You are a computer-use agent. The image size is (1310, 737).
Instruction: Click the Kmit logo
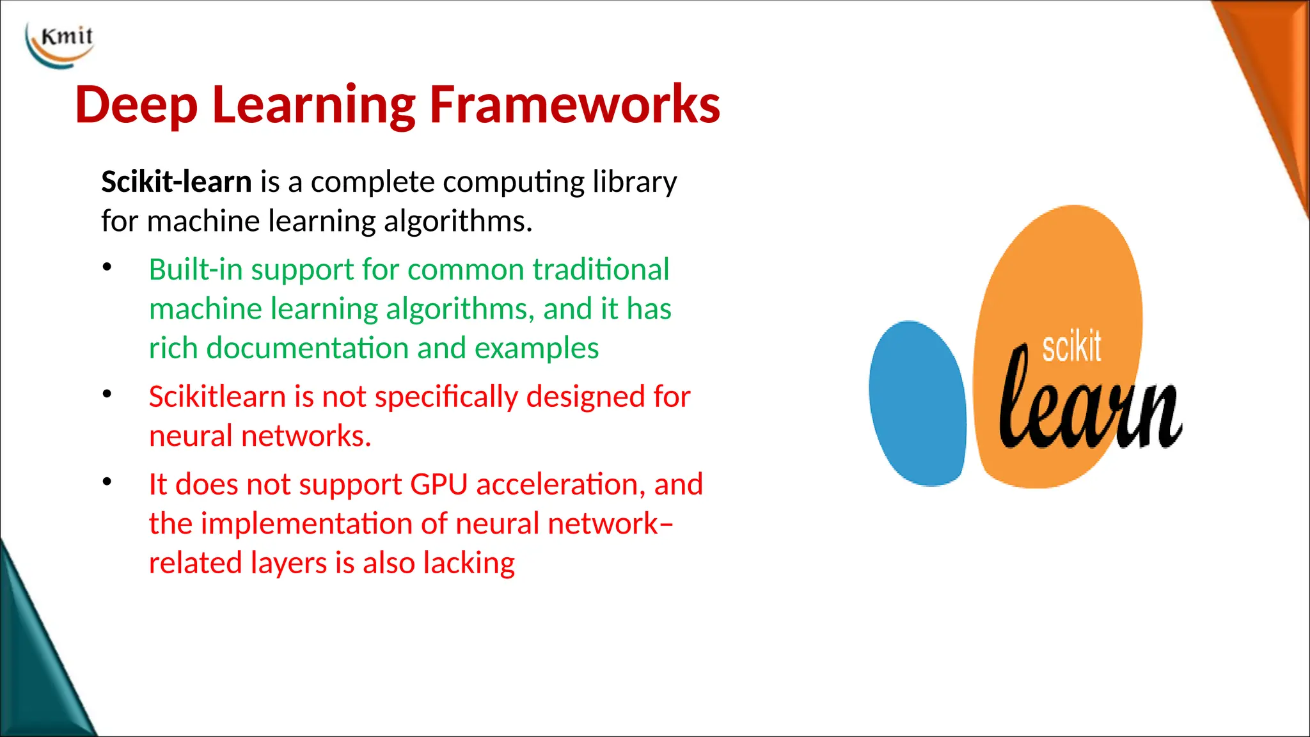tap(60, 44)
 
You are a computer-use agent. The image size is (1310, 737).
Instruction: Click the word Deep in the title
tap(136, 105)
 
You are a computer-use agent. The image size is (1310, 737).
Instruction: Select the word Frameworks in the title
tap(574, 105)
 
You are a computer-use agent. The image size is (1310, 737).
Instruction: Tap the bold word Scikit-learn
tap(177, 182)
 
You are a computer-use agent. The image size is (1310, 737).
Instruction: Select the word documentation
tap(307, 349)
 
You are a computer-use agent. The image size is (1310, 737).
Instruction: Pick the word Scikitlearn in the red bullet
tap(217, 397)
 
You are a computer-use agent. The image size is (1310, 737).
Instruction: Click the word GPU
tap(439, 484)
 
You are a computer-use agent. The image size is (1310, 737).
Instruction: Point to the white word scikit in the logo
tap(1071, 347)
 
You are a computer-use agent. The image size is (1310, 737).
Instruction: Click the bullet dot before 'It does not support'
tap(107, 482)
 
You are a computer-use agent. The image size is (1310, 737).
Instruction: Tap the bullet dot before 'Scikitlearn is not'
tap(107, 394)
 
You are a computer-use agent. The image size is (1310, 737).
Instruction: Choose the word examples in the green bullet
tap(536, 349)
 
